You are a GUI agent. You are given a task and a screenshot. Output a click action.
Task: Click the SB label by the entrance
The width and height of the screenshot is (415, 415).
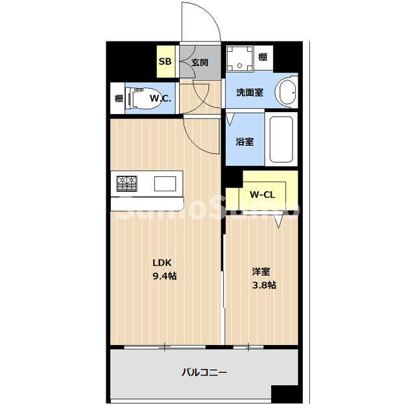click(165, 62)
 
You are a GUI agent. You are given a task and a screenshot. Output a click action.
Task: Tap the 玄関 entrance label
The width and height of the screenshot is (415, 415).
click(200, 62)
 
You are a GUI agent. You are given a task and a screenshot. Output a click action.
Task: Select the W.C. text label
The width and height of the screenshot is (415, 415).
click(160, 99)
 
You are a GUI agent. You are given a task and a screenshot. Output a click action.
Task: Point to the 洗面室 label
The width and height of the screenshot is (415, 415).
click(249, 93)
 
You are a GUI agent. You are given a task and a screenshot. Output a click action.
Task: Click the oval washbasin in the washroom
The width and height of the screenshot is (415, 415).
click(286, 91)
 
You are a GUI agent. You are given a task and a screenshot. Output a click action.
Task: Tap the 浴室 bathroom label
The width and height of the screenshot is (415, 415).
click(244, 141)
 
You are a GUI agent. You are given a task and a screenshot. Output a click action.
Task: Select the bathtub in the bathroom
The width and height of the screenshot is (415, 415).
click(281, 139)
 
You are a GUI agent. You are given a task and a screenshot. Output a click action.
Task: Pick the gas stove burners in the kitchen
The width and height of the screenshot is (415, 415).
click(127, 184)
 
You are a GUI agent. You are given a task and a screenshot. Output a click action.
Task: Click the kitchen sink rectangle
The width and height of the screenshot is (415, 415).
click(165, 184)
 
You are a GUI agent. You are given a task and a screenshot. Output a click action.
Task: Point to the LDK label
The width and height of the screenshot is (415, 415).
click(161, 263)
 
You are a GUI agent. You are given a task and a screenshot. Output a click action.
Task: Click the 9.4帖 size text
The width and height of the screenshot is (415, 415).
click(165, 276)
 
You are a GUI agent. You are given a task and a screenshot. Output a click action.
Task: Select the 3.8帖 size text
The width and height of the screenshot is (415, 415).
click(263, 285)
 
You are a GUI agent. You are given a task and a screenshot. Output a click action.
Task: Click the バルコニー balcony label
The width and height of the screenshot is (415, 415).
click(204, 372)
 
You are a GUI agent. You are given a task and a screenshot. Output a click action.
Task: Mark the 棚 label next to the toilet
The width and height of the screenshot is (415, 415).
click(119, 99)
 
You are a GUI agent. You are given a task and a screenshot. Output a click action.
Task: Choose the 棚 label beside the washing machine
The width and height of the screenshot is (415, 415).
click(262, 57)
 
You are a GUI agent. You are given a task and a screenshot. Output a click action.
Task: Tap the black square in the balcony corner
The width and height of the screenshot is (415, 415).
click(285, 394)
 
